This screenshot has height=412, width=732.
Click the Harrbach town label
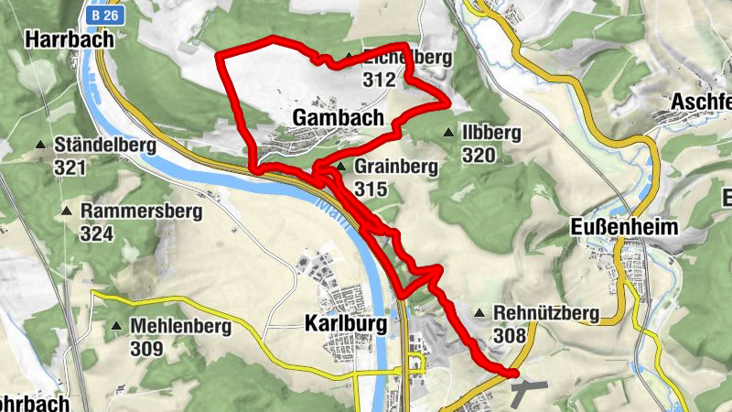[x=70, y=39]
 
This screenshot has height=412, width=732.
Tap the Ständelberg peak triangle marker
[x=40, y=146]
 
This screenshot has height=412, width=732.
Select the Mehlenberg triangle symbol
[x=116, y=326]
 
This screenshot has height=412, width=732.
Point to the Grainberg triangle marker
[x=340, y=168]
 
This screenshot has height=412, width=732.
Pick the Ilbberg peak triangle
[x=447, y=134]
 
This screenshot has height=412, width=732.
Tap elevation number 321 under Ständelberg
[x=70, y=168]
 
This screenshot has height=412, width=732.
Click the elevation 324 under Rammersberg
[x=97, y=234]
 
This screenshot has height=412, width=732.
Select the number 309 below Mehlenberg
[x=146, y=349]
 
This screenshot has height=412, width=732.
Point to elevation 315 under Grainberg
[x=371, y=190]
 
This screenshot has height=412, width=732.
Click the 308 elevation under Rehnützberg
[x=510, y=336]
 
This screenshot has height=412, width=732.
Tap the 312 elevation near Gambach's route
[x=378, y=80]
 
